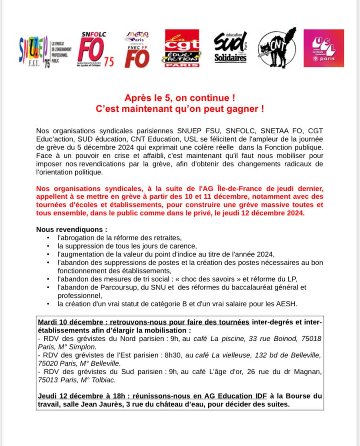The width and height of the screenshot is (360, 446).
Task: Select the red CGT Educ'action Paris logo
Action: (x=182, y=48)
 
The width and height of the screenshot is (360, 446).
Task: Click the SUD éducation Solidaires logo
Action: (x=230, y=48)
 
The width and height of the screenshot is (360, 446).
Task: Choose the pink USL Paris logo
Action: (x=323, y=48)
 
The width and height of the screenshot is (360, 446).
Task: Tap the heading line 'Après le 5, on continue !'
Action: (x=180, y=99)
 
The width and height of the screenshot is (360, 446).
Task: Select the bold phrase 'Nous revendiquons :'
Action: (x=71, y=229)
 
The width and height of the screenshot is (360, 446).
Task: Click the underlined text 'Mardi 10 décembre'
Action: (x=67, y=322)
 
